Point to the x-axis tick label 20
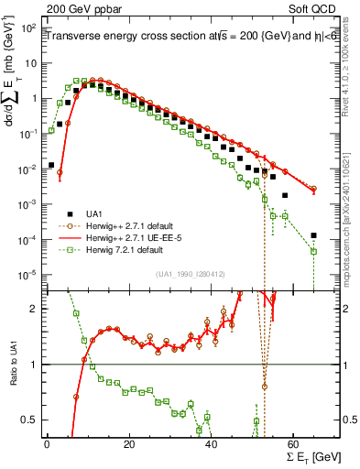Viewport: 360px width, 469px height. pyautogui.click(x=128, y=443)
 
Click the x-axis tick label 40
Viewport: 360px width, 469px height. pyautogui.click(x=211, y=443)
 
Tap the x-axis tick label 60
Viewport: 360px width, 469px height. pyautogui.click(x=293, y=443)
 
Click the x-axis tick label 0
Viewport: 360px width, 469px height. pyautogui.click(x=47, y=443)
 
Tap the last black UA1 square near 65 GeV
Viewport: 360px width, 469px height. pyautogui.click(x=313, y=235)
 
